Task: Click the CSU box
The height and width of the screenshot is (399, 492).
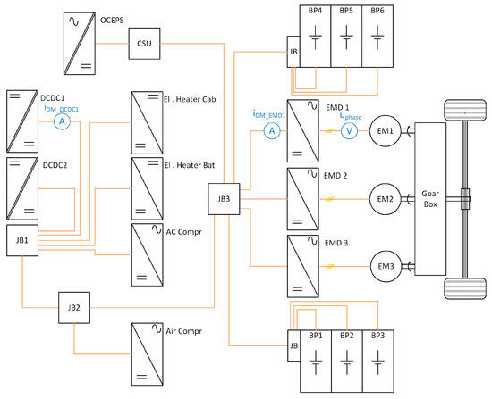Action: pyautogui.click(x=144, y=44)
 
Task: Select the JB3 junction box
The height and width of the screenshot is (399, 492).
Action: pyautogui.click(x=224, y=199)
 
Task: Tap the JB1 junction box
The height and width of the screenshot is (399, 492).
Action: pyautogui.click(x=22, y=240)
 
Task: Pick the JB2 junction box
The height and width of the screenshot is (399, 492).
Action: pyautogui.click(x=74, y=308)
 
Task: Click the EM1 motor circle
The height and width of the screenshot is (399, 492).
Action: pyautogui.click(x=386, y=131)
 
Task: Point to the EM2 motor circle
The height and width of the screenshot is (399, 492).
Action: pyautogui.click(x=386, y=199)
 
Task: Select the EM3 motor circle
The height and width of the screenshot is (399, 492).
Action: pyautogui.click(x=386, y=266)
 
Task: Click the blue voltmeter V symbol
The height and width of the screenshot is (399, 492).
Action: pyautogui.click(x=349, y=130)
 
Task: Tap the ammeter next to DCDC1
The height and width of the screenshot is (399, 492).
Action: pyautogui.click(x=62, y=121)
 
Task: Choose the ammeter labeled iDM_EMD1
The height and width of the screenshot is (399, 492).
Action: pyautogui.click(x=272, y=130)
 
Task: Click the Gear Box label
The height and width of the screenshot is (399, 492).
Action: pyautogui.click(x=430, y=199)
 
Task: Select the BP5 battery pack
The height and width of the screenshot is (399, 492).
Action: pyautogui.click(x=346, y=36)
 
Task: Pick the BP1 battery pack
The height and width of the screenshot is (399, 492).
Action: pyautogui.click(x=316, y=361)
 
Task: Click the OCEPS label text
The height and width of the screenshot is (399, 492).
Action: pyautogui.click(x=112, y=21)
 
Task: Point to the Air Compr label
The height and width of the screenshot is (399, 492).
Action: pyautogui.click(x=184, y=331)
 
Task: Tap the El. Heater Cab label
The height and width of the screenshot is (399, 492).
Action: pyautogui.click(x=190, y=99)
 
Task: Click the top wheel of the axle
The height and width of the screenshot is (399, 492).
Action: pyautogui.click(x=465, y=110)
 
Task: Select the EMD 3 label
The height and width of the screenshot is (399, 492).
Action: pyautogui.click(x=336, y=243)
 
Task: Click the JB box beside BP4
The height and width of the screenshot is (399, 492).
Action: pyautogui.click(x=293, y=52)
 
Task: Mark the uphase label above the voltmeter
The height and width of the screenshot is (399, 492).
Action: pyautogui.click(x=351, y=116)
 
